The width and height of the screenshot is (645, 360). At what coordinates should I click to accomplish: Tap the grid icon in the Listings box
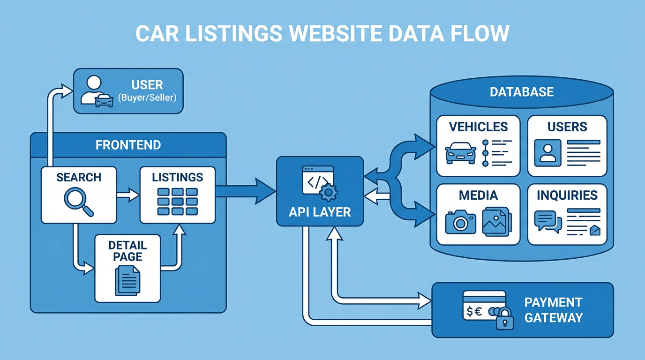(178, 202)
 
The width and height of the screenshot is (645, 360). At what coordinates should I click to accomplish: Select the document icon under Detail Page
(127, 280)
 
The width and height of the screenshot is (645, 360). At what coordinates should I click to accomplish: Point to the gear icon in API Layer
(329, 192)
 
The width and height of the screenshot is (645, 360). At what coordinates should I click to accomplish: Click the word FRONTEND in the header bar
(128, 145)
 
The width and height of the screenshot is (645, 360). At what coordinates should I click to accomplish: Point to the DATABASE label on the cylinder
(522, 91)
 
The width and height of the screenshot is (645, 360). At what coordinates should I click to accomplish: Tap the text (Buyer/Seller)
(147, 98)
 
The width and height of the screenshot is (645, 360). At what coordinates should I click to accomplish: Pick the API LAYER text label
(320, 212)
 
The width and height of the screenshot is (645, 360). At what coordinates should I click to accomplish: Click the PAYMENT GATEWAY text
(553, 310)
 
